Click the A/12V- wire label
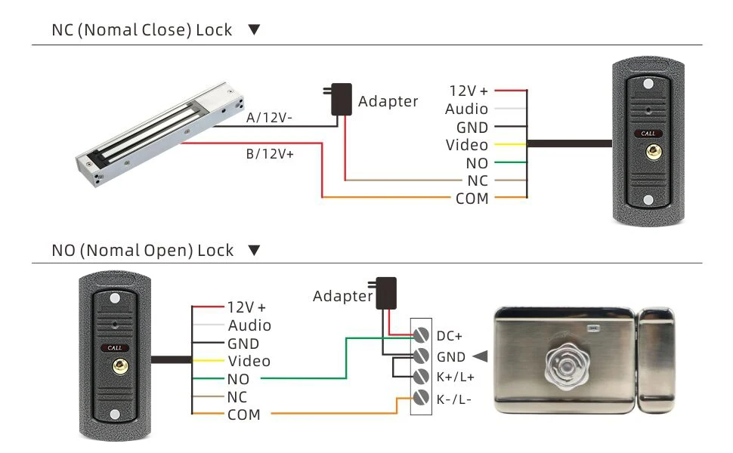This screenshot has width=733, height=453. tap(270, 118)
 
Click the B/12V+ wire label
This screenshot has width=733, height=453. tap(270, 153)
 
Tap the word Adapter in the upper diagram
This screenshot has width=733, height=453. tap(388, 101)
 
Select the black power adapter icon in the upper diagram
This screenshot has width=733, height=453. tap(341, 99)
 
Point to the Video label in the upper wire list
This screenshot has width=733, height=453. tap(467, 145)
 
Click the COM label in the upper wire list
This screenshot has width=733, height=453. tap(472, 199)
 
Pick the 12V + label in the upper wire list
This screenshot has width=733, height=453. tap(469, 91)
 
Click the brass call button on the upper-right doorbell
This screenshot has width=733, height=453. tap(648, 152)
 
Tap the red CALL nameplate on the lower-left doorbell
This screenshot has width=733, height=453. tap(114, 348)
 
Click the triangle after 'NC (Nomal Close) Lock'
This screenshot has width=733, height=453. tap(254, 30)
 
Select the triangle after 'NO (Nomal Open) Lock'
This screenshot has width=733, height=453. tap(254, 250)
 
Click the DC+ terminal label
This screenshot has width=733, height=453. tap(449, 336)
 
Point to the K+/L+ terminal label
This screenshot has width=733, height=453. tap(455, 377)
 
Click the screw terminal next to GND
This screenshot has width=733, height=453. tap(421, 356)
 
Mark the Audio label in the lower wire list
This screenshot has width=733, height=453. tap(249, 325)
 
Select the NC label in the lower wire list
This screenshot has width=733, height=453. tap(237, 396)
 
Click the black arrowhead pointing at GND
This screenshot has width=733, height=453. tap(479, 356)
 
